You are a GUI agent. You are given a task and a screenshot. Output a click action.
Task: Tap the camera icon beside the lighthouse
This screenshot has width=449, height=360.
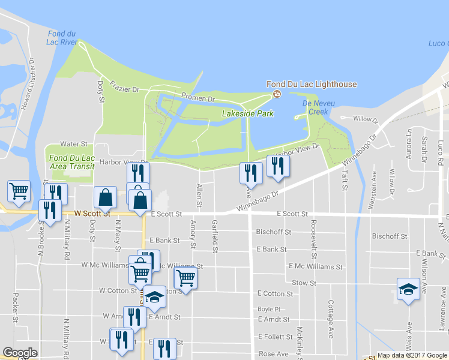point(277,94)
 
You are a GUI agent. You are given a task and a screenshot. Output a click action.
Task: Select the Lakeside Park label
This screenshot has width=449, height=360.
point(247,113)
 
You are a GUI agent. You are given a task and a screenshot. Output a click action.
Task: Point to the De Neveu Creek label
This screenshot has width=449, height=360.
point(315,107)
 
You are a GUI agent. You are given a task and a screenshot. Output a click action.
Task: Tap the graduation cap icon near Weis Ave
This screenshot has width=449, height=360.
point(408,289)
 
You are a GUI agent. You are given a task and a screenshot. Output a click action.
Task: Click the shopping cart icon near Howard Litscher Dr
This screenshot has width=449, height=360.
point(19,191)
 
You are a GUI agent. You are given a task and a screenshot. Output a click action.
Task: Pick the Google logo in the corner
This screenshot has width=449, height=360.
point(20,353)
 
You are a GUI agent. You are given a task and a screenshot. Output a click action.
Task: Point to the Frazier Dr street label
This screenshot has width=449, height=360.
point(124,89)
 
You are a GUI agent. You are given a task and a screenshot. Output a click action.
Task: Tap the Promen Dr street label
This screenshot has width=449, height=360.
point(199,98)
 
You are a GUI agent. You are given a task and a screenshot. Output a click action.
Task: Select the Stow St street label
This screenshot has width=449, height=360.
point(304,282)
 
